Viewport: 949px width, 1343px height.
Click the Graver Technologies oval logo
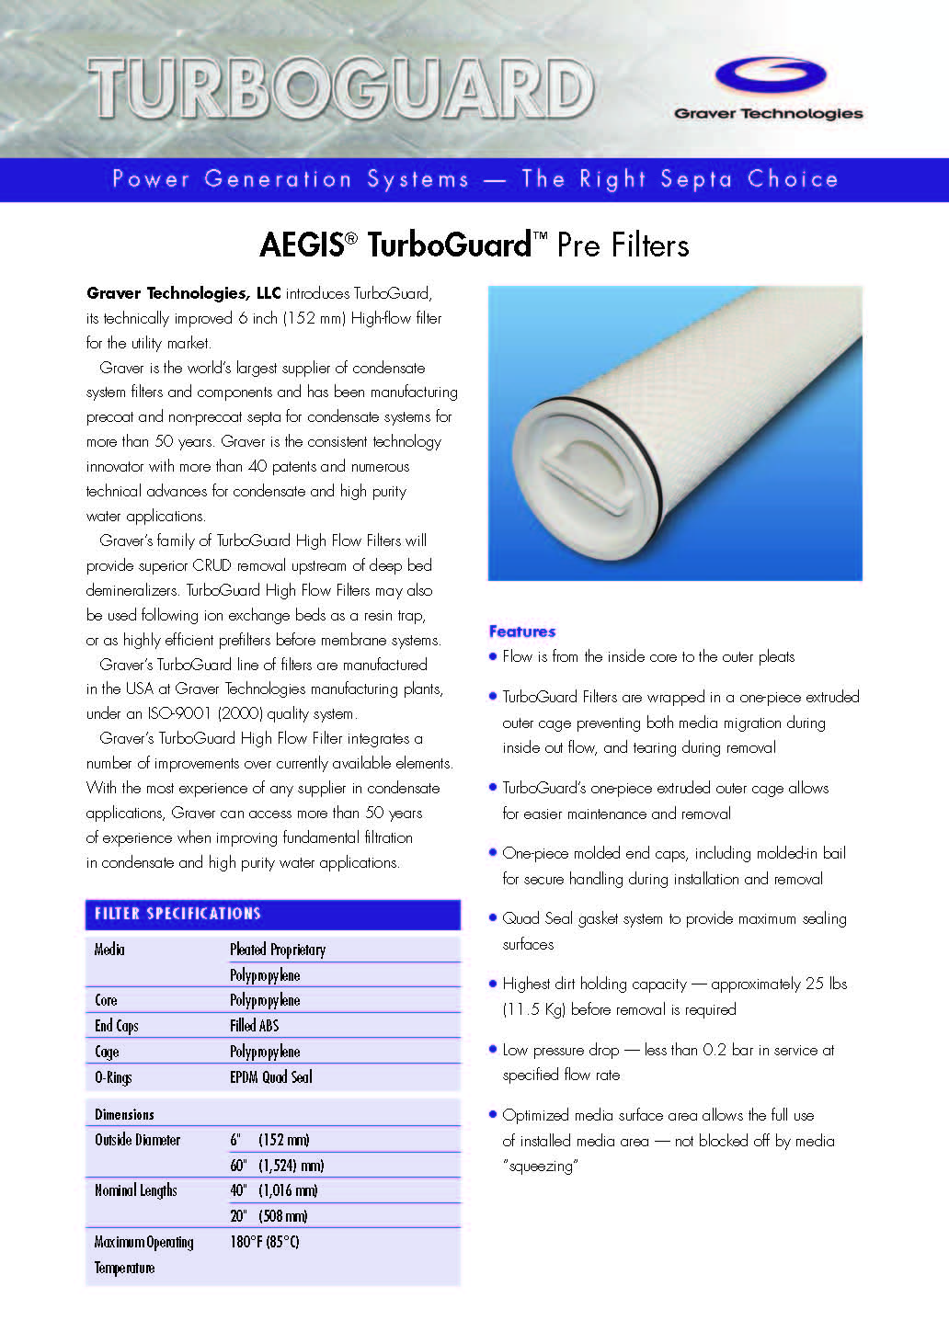coord(770,74)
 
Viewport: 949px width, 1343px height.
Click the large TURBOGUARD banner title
coord(341,90)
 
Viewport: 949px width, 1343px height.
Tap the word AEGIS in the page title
coord(302,245)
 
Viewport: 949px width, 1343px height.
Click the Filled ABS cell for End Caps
coord(254,1026)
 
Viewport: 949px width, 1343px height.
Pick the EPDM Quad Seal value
coord(270,1077)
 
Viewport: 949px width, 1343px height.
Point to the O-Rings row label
coord(113,1077)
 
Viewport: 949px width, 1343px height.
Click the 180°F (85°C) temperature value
coord(265,1242)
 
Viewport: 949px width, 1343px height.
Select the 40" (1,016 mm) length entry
coord(273,1190)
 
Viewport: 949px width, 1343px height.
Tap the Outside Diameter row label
coord(137,1140)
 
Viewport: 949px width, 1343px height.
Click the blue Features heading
coord(522,632)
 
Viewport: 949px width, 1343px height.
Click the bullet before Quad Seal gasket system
coord(493,917)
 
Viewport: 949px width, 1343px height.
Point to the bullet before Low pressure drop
coord(493,1049)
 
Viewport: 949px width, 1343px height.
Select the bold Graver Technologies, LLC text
coord(183,293)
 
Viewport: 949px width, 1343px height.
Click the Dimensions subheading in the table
coord(124,1115)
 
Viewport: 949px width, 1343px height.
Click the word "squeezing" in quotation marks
coord(540,1167)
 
